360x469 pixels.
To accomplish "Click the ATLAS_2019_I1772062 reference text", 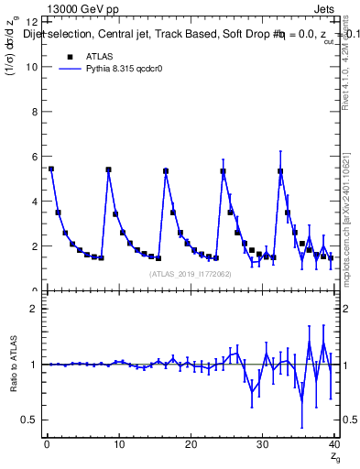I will coord(190,273).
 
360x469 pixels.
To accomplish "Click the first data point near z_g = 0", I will coord(51,169).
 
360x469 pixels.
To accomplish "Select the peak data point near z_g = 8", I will coord(108,169).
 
